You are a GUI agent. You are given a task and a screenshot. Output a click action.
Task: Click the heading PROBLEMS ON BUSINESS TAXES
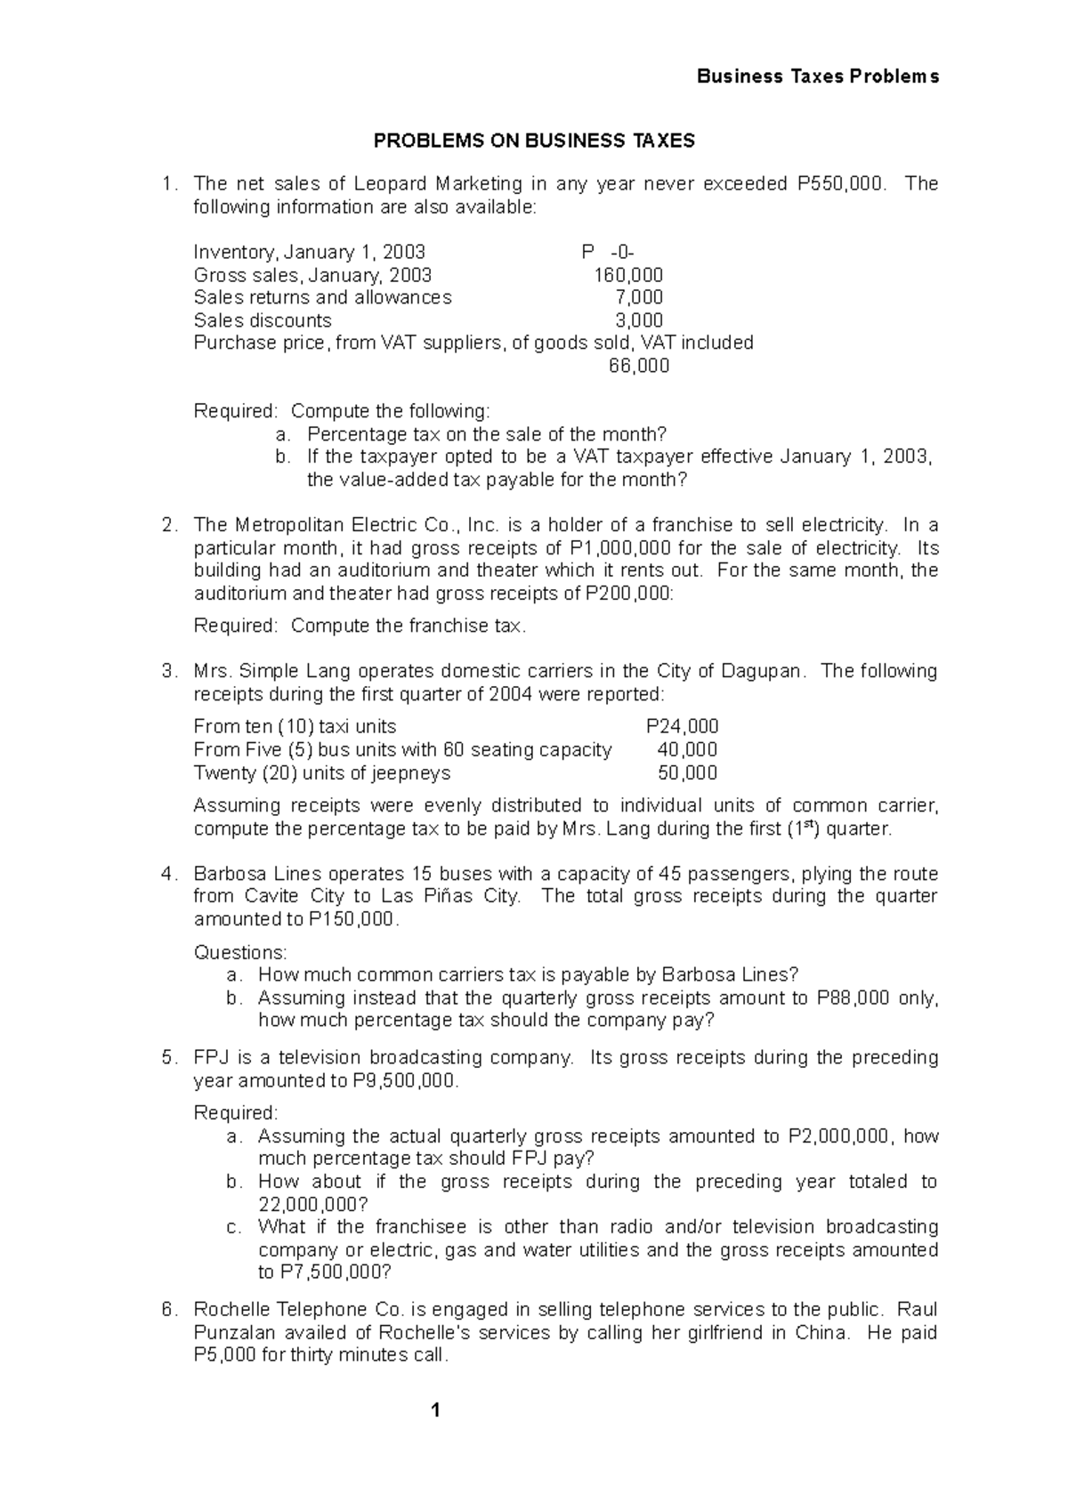click(533, 141)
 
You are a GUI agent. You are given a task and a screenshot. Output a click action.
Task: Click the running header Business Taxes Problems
click(817, 77)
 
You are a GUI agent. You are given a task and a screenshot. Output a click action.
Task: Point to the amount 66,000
click(638, 366)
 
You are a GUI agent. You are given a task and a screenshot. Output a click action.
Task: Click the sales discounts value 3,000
click(638, 320)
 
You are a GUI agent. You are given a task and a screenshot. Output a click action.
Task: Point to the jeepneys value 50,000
click(687, 772)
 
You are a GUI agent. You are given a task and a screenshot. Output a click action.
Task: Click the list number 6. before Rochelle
click(169, 1310)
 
